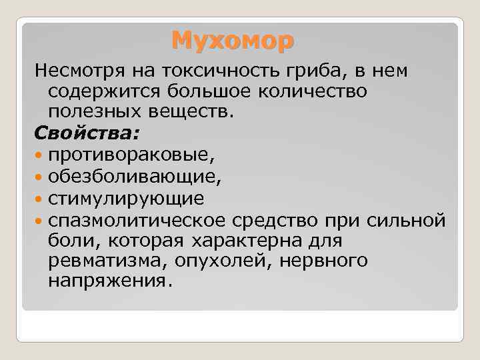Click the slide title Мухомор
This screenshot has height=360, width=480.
231,41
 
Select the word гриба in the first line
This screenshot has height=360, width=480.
311,70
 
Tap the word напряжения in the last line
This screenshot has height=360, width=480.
109,281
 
